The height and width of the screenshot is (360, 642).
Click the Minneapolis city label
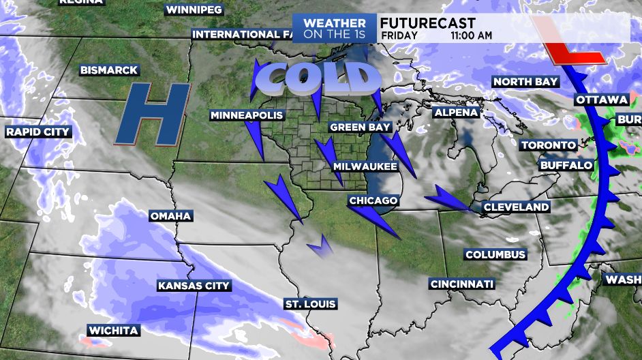click(246, 115)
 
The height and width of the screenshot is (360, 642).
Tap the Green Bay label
click(360, 127)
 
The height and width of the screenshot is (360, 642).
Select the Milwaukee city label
click(365, 166)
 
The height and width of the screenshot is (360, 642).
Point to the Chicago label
click(373, 200)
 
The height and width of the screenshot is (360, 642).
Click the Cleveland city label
click(516, 207)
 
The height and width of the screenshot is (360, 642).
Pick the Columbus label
click(495, 254)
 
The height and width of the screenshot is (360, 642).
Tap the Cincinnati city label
click(462, 284)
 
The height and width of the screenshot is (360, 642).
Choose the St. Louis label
click(311, 303)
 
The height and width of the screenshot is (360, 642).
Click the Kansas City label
click(194, 286)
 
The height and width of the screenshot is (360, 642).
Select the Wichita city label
click(113, 331)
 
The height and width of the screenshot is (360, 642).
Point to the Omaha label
click(170, 216)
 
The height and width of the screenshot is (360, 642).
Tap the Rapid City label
click(38, 132)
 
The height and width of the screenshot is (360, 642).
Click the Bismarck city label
click(109, 70)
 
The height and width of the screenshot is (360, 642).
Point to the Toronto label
click(549, 145)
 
